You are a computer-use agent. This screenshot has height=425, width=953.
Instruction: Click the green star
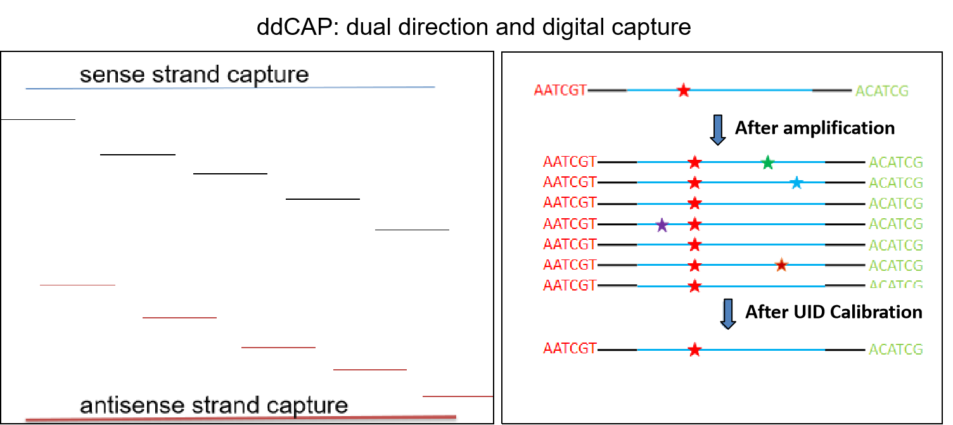tap(767, 162)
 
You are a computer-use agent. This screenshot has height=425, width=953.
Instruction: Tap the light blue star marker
tap(796, 183)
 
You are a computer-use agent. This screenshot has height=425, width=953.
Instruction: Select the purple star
tap(662, 225)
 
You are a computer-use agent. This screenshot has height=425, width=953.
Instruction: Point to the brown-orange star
tap(781, 265)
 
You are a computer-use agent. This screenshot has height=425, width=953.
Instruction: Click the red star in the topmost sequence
tap(683, 91)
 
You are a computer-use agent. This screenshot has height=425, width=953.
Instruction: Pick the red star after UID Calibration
tap(694, 350)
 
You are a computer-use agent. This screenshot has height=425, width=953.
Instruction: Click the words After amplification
tap(814, 128)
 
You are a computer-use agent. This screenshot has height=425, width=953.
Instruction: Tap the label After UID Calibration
tap(833, 312)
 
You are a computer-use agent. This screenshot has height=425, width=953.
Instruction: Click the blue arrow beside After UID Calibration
tap(728, 314)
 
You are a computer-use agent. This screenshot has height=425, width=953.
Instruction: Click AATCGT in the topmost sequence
tap(560, 91)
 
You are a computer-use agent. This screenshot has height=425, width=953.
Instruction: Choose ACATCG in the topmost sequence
tap(881, 91)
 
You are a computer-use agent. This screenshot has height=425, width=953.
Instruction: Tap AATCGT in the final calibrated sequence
tap(570, 349)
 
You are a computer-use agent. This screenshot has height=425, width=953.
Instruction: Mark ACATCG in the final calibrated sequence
tap(895, 350)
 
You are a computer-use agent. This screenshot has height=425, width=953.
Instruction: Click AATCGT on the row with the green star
tap(570, 162)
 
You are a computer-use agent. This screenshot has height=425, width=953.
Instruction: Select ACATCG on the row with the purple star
tap(895, 225)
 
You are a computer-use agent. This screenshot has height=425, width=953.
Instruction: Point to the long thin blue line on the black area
tap(228, 88)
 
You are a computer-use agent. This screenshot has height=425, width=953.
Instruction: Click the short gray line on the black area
tap(77, 285)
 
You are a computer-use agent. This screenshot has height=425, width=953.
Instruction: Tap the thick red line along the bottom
tap(241, 418)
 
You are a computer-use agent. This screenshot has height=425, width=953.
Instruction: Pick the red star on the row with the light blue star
tap(694, 183)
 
